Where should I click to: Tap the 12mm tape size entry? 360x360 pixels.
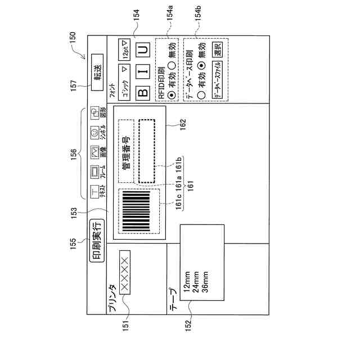185,284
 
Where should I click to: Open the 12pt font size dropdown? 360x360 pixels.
123,50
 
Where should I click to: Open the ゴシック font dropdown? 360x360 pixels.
123,84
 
